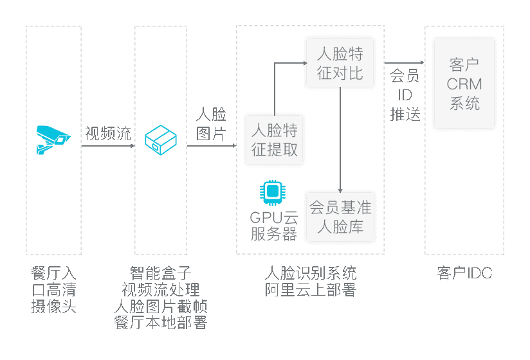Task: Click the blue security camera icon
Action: (53, 139)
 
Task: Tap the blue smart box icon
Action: (161, 139)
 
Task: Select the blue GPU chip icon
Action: (273, 192)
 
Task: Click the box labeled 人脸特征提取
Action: (275, 139)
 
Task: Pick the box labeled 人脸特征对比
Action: (340, 63)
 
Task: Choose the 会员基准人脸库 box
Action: (340, 217)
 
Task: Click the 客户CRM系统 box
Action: (464, 84)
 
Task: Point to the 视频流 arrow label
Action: (108, 134)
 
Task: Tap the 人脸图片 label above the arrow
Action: (211, 123)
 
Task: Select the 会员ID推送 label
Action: (405, 95)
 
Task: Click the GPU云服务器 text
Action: (274, 226)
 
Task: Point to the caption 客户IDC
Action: (464, 273)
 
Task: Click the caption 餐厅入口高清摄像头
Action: (54, 289)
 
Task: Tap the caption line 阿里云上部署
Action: (311, 289)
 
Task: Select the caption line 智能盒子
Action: (161, 273)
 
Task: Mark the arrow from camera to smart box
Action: (108, 146)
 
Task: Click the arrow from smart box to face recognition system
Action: (212, 146)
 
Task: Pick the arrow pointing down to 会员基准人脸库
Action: (340, 139)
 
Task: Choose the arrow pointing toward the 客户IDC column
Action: (405, 62)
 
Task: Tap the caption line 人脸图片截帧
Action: (161, 306)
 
